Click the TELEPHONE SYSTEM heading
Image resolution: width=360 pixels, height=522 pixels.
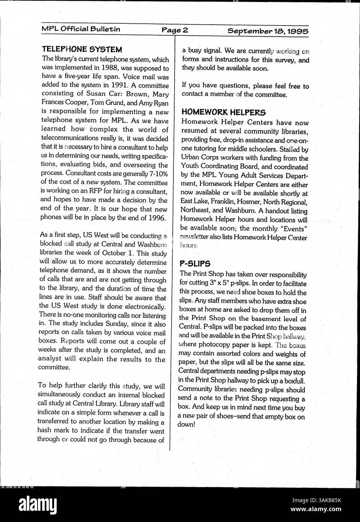[x=82, y=49]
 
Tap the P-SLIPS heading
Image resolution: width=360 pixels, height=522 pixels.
[x=195, y=263]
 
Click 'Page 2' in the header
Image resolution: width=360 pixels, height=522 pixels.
[x=175, y=30]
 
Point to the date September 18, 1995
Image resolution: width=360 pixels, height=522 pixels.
[x=268, y=31]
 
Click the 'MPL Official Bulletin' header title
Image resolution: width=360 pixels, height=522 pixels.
[x=81, y=29]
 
